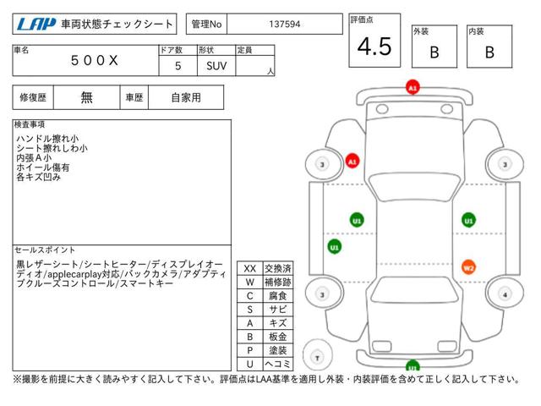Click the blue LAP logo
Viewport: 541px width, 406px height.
(36, 24)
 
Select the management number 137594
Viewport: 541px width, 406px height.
(285, 25)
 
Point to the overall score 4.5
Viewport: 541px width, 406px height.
(374, 47)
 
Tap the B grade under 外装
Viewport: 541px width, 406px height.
(434, 52)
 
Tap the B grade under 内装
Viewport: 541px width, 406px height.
(489, 52)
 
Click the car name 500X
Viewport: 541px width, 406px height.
(94, 61)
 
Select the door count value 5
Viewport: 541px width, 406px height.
(178, 66)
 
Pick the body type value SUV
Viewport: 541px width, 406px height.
(216, 66)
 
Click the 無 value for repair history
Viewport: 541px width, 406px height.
(86, 98)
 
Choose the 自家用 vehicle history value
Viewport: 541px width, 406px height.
(186, 98)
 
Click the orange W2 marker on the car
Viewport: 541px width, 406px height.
(468, 267)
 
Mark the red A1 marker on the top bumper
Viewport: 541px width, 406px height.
(413, 87)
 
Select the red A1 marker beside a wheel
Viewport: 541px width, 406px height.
(352, 162)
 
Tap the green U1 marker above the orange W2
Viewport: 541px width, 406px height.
(468, 220)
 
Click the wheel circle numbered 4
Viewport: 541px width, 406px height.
(505, 294)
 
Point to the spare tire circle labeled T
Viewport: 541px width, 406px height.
(318, 355)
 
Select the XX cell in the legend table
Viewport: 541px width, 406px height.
(250, 269)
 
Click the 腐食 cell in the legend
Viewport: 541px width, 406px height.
(278, 296)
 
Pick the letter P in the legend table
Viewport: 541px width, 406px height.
(250, 350)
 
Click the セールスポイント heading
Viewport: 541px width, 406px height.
(45, 250)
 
